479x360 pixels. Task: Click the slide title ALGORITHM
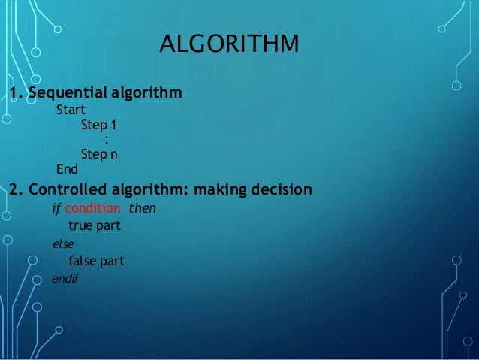tap(228, 44)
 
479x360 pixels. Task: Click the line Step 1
tap(98, 126)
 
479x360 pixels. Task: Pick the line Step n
tap(98, 153)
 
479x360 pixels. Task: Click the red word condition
tap(92, 207)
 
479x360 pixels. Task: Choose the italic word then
tap(143, 207)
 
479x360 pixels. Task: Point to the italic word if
tap(55, 207)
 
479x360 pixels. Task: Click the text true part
tap(95, 225)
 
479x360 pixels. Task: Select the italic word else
tap(62, 244)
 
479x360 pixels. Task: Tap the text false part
tap(96, 262)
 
